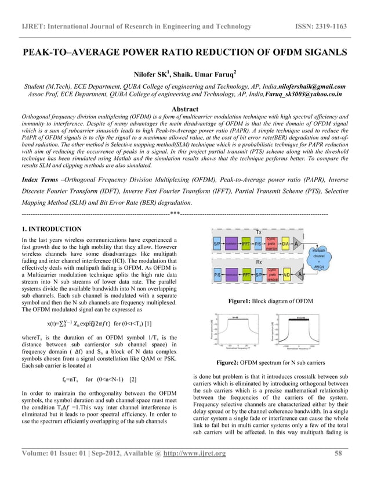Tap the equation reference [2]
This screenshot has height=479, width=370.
click(x=133, y=380)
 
